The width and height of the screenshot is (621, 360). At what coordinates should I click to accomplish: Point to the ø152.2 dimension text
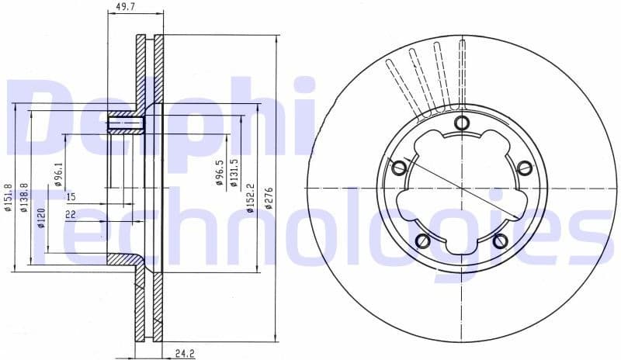pyautogui.click(x=251, y=197)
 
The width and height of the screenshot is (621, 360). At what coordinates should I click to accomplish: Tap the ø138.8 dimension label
pyautogui.click(x=24, y=198)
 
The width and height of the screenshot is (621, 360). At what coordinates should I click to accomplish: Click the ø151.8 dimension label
pyautogui.click(x=8, y=198)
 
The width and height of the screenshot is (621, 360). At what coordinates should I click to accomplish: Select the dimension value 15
pyautogui.click(x=71, y=196)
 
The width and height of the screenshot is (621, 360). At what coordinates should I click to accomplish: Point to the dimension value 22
pyautogui.click(x=71, y=214)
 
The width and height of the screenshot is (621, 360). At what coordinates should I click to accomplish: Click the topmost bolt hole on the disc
pyautogui.click(x=462, y=122)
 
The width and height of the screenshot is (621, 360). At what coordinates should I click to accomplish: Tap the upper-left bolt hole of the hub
pyautogui.click(x=401, y=167)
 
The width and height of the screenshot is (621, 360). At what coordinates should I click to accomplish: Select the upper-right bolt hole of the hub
pyautogui.click(x=524, y=167)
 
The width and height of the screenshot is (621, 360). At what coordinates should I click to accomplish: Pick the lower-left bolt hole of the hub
pyautogui.click(x=424, y=241)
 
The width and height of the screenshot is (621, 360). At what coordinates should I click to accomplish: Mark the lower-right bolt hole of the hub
pyautogui.click(x=501, y=241)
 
